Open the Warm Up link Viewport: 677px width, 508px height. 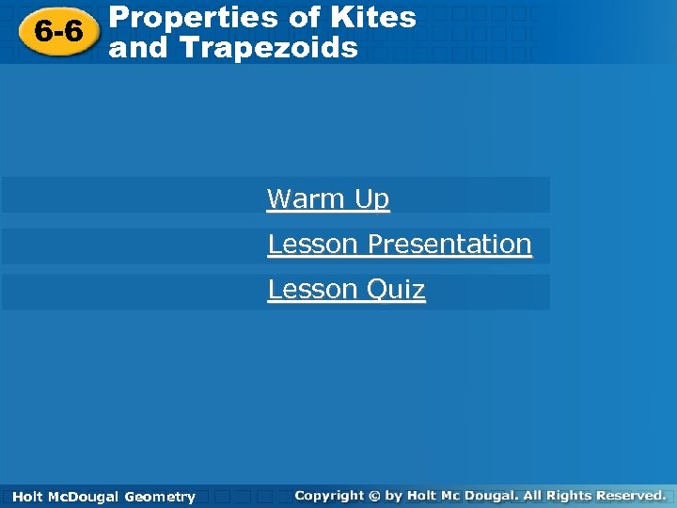pos(327,198)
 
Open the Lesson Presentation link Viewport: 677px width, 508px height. pos(400,244)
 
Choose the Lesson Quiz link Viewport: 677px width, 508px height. pos(346,289)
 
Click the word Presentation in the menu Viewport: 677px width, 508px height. pos(449,244)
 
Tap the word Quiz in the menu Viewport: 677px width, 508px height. pos(395,289)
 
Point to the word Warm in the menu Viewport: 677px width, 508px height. pos(293,198)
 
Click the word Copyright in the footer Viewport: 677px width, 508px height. pos(328,495)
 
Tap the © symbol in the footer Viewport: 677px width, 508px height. pos(374,495)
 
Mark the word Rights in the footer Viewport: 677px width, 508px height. pos(573,495)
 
